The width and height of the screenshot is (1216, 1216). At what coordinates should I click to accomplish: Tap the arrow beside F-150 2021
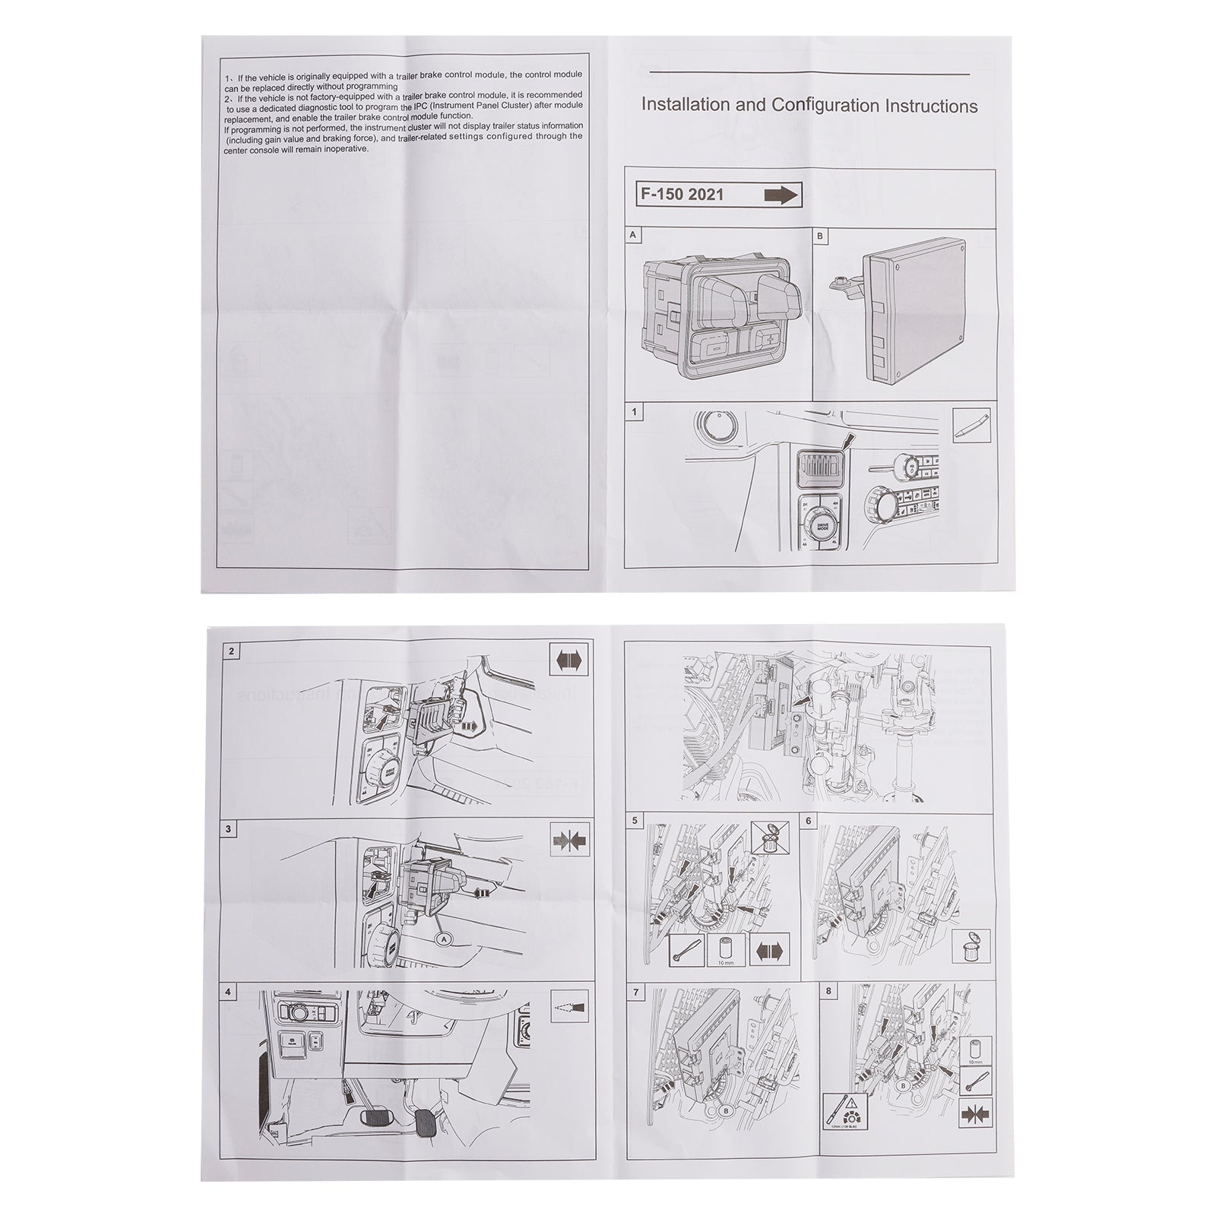(x=781, y=195)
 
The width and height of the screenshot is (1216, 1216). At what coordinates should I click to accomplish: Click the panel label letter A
(x=632, y=236)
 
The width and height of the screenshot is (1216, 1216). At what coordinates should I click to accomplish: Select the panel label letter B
(x=820, y=236)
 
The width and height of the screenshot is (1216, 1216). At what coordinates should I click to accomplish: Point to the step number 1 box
(x=633, y=412)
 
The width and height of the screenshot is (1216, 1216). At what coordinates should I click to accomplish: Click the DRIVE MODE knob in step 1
(x=822, y=529)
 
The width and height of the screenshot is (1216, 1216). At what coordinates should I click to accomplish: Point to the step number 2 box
(x=230, y=651)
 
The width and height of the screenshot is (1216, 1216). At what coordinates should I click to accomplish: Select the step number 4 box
(x=230, y=992)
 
